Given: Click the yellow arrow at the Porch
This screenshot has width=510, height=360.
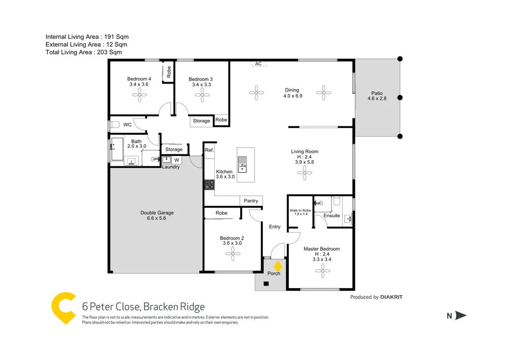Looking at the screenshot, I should [x=277, y=265].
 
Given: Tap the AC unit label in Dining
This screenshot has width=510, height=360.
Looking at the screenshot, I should [x=258, y=64].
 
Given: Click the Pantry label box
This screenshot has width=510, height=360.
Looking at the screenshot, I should [x=251, y=201].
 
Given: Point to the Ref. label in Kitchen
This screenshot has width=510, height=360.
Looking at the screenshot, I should [x=209, y=150].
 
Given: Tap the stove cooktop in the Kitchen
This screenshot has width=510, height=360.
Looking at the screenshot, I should [x=209, y=185].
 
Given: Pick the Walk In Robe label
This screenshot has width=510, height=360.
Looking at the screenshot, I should [x=300, y=212].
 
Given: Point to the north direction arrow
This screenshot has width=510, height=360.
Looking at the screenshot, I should [x=461, y=316].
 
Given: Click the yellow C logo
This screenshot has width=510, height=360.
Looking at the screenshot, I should [x=63, y=308].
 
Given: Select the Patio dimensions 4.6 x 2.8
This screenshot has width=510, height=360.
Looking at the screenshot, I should [x=377, y=99].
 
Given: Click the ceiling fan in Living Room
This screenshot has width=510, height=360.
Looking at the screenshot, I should [x=305, y=174].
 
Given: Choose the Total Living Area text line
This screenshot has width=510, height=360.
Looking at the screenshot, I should [x=84, y=52].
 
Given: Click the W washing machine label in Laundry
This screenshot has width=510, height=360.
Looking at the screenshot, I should [x=177, y=160].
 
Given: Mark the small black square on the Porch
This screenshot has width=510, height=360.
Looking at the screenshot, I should [x=266, y=284].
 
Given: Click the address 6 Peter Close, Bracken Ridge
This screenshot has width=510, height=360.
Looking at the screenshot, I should [x=143, y=306].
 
